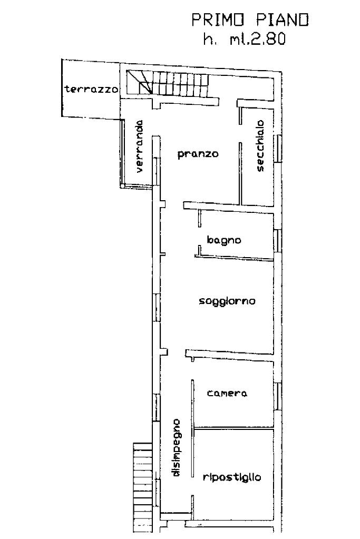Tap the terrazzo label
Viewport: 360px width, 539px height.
point(92,90)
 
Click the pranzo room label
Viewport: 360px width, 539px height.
point(198,154)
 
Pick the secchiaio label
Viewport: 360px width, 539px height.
point(260,145)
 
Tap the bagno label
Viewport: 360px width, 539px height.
point(224,240)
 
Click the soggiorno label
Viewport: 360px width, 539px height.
point(227,301)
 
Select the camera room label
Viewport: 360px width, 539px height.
point(227,393)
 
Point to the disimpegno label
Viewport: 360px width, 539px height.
point(176,447)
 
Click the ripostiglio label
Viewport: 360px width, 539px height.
point(232,477)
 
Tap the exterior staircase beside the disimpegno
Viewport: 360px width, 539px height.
point(142,487)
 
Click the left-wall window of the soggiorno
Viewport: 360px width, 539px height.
point(157,307)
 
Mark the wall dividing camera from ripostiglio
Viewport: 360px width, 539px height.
point(234,429)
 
